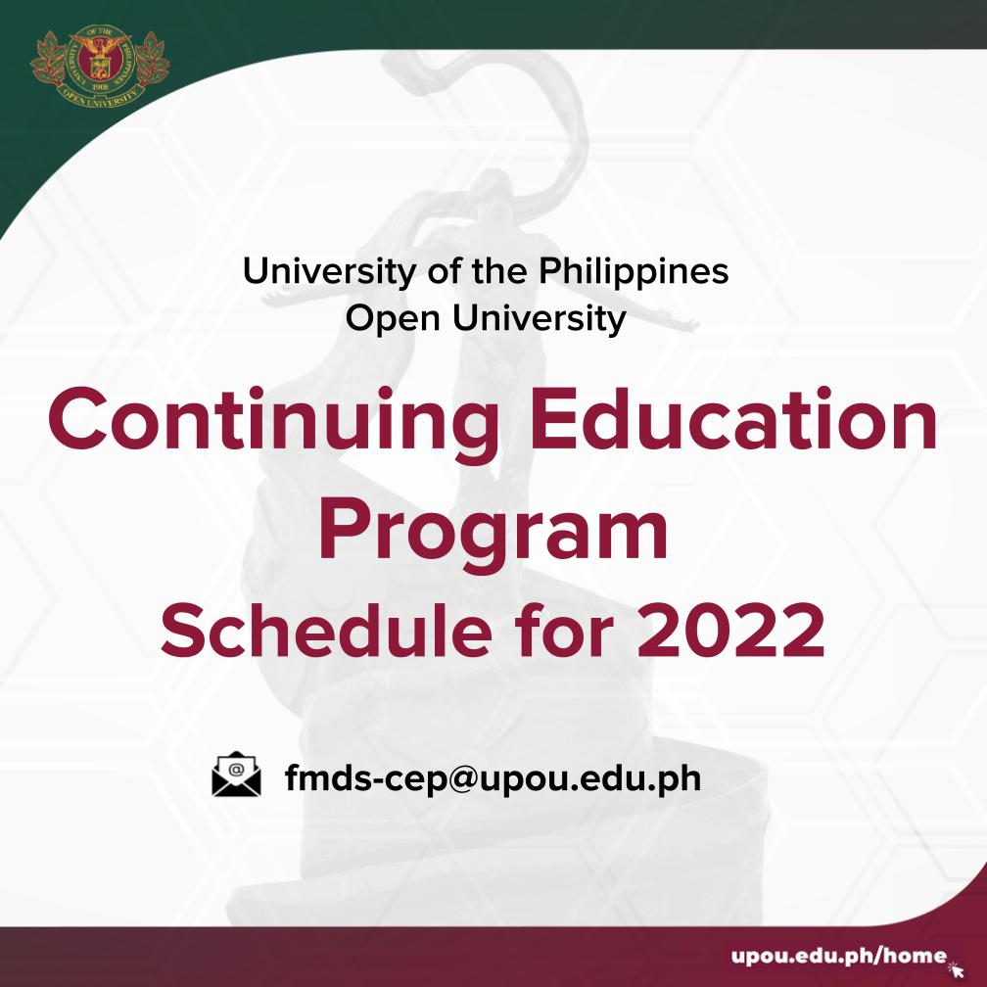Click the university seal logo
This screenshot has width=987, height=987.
99,67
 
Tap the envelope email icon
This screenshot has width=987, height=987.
237,775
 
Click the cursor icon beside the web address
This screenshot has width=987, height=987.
957,964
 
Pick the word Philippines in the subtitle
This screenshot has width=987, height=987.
634,271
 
